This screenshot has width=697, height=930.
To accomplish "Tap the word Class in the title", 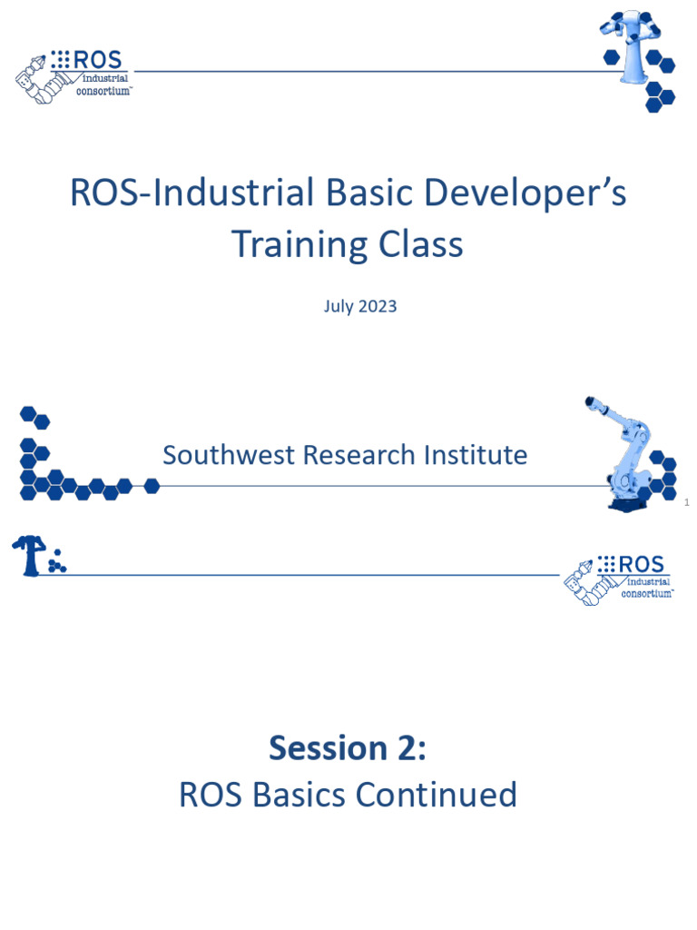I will point(418,245).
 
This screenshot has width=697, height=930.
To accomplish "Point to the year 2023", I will point(377,306).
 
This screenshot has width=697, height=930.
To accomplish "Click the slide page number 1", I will point(687,502).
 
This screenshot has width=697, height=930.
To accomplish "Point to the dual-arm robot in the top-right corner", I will point(635,45).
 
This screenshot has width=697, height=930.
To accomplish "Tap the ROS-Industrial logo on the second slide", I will point(618,579).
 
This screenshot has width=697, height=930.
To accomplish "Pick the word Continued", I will point(437,795).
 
